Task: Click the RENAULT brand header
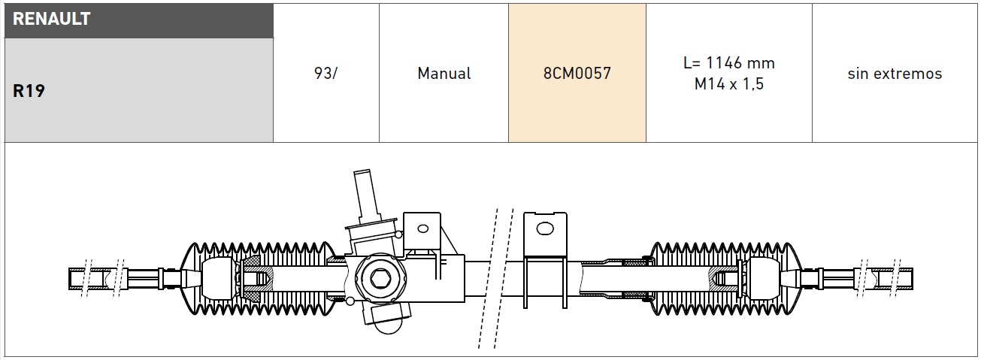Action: coord(52,20)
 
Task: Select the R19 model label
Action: coord(29,92)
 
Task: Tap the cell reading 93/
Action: coord(325,73)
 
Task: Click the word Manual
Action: coord(444,74)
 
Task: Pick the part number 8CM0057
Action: coord(577,74)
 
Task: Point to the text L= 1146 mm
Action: coord(728,63)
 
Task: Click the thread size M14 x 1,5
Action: coord(728,84)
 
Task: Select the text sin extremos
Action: coord(895,74)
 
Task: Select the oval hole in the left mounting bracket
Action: coord(423,228)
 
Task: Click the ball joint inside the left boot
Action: coord(220,279)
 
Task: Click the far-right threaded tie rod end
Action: coord(887,279)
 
